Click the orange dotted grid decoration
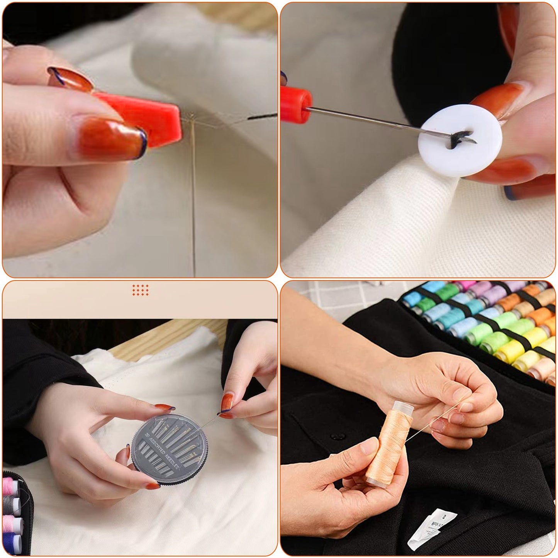point(140,290)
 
